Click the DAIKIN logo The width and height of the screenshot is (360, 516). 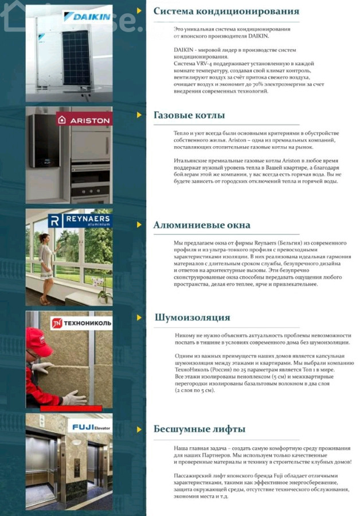87,16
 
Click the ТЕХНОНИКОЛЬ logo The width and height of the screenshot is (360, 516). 81,323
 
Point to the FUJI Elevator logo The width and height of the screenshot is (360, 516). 90,426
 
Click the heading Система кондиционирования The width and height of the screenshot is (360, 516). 226,11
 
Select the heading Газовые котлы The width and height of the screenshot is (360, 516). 189,115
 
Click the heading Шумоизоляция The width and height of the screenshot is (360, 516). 192,317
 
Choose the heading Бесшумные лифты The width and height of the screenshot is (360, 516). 199,429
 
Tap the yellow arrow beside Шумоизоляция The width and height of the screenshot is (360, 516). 139,317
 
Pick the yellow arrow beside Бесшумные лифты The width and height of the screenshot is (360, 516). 139,429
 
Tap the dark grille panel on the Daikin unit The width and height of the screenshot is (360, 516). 76,57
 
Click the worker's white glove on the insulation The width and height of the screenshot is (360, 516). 73,397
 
